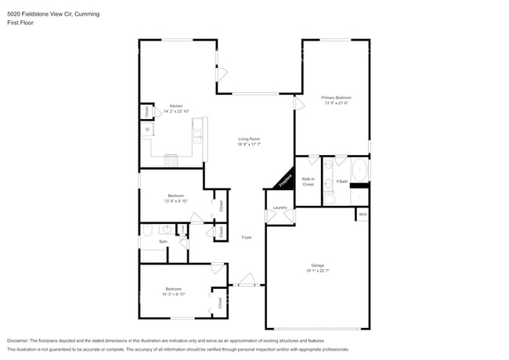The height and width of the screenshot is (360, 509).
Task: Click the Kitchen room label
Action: tap(175, 106)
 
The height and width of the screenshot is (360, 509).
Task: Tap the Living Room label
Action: tap(249, 139)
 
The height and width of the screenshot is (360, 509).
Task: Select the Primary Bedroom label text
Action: tap(335, 97)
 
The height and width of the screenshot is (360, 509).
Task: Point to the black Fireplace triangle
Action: tap(284, 181)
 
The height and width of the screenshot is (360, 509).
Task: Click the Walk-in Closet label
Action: tap(308, 182)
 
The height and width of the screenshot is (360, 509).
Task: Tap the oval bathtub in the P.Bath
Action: tap(359, 170)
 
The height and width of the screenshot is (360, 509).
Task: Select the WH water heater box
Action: tap(362, 214)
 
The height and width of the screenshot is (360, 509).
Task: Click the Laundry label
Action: tap(280, 208)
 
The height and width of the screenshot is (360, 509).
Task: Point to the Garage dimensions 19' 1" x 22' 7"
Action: tap(317, 271)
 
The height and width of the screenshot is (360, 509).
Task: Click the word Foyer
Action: tap(246, 237)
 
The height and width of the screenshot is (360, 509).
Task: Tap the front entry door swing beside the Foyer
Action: tap(247, 280)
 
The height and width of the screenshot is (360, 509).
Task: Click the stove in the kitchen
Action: tap(172, 160)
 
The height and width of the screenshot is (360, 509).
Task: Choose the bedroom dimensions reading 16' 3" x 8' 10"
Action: tap(173, 294)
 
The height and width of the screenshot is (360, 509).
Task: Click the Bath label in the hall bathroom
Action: tap(163, 242)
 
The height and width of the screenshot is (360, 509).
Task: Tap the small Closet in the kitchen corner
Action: tap(146, 112)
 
